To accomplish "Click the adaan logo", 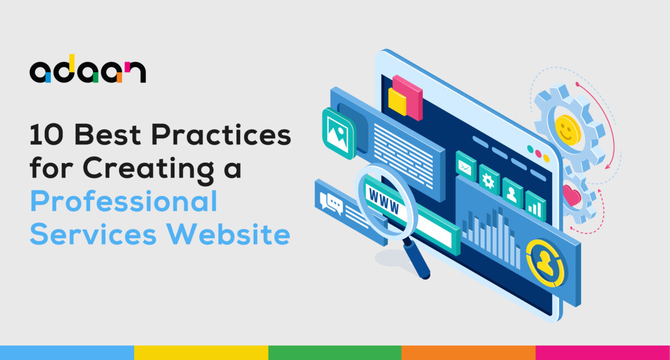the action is coord(88,69).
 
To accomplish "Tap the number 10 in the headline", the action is coord(46,135).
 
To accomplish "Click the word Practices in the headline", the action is coord(221,135).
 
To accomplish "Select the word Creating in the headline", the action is coord(148,170).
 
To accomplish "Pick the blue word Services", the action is coord(93,234).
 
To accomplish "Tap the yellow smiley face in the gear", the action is coord(567,130).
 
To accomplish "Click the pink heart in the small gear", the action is coord(572,195).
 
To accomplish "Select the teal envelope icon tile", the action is coord(466,166).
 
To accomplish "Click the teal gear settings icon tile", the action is coord(489,179).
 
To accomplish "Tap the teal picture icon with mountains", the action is coord(339,133).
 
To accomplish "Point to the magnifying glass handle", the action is coord(417,258).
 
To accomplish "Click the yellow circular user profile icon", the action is coord(545,263).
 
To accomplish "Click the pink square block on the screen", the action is coord(408,98).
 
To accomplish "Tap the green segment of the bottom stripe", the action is coord(334,353).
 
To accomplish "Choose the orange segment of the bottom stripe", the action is coord(468,353).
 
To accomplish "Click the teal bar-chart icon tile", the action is coord(535,206).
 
